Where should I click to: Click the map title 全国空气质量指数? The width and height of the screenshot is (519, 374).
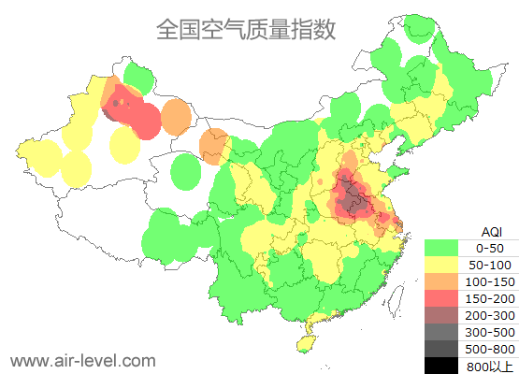point(245,29)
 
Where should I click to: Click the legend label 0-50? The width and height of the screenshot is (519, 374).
point(491,248)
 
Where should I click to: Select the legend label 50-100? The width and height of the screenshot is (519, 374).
point(491,265)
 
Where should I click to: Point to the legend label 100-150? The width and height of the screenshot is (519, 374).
point(491,281)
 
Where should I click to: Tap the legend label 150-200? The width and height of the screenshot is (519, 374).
point(491,298)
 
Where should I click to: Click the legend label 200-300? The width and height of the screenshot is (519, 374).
point(491,315)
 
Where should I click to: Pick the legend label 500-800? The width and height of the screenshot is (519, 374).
point(491,348)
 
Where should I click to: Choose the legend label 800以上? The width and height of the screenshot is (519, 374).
point(491,365)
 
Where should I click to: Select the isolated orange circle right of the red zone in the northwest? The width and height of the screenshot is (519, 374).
point(176,118)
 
